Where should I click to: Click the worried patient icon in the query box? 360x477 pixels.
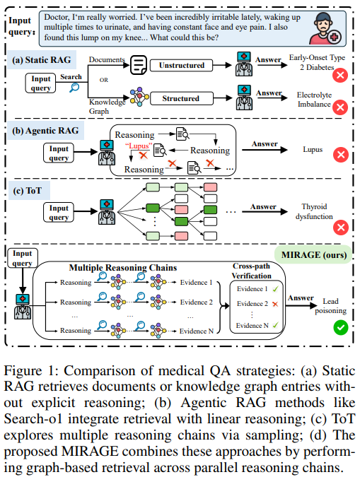coord(325,28)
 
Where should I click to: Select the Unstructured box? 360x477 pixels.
coord(181,66)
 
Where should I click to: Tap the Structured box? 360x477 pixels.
coord(181,98)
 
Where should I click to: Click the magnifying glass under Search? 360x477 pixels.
coord(74,88)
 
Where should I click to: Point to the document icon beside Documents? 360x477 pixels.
coord(139,65)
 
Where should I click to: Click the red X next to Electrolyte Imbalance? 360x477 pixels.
coord(340,107)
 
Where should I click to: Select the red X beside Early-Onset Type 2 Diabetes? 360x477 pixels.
coord(340,75)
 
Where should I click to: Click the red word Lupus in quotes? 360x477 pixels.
coord(139,146)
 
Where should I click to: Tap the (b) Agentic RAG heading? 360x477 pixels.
coord(45,131)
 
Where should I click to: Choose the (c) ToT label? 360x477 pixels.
coord(28,191)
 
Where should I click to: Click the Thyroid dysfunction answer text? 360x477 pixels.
coord(314,211)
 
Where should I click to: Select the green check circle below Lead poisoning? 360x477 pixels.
coord(340,328)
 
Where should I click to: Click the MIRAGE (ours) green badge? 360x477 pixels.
coord(314,254)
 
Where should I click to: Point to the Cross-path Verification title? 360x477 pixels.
coord(252,271)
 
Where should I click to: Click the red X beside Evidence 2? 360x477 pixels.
coord(275,304)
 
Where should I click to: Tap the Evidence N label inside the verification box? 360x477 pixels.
coord(252,326)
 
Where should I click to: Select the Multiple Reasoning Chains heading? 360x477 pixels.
coord(123,268)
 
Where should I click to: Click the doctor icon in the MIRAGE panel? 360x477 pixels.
coord(23,306)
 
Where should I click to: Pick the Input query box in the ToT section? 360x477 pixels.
coord(59,212)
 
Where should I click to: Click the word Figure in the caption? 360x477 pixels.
coord(23,371)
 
